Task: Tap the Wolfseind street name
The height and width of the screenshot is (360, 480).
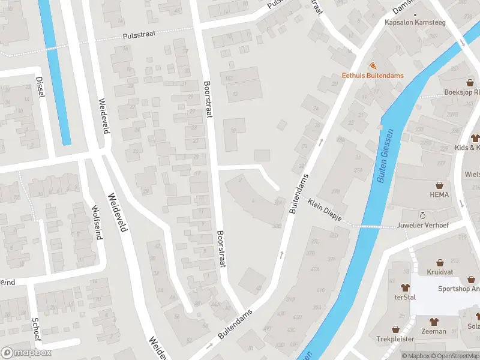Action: [x=95, y=222]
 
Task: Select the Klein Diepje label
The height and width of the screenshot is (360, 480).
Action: [x=324, y=211]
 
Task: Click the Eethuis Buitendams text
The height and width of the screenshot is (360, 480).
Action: [x=373, y=76]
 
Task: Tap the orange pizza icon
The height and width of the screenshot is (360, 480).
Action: [x=373, y=65]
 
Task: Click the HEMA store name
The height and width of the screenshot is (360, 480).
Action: [x=439, y=195]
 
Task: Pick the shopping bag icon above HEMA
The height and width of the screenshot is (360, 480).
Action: [x=439, y=185]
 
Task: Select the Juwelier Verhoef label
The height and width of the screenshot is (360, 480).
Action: [x=422, y=226]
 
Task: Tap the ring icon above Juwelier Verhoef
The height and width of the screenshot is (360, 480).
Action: [x=422, y=215]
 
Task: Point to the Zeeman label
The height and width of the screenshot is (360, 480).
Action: [x=434, y=331]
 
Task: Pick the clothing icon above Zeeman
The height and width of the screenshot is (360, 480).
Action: [x=434, y=321]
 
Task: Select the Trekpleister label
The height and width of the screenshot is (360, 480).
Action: [x=395, y=339]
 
